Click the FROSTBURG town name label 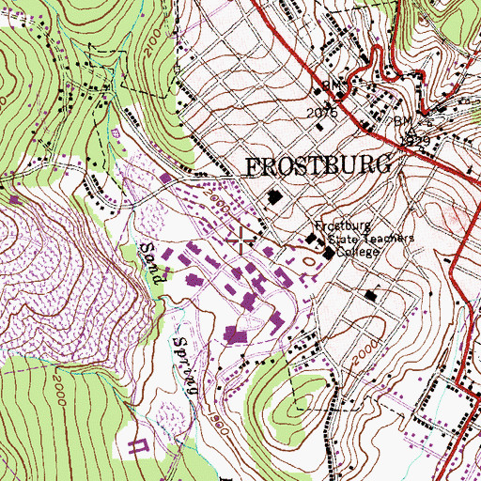(318, 167)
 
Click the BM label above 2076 (331, 86)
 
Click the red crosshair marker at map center (240, 240)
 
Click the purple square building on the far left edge (15, 199)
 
